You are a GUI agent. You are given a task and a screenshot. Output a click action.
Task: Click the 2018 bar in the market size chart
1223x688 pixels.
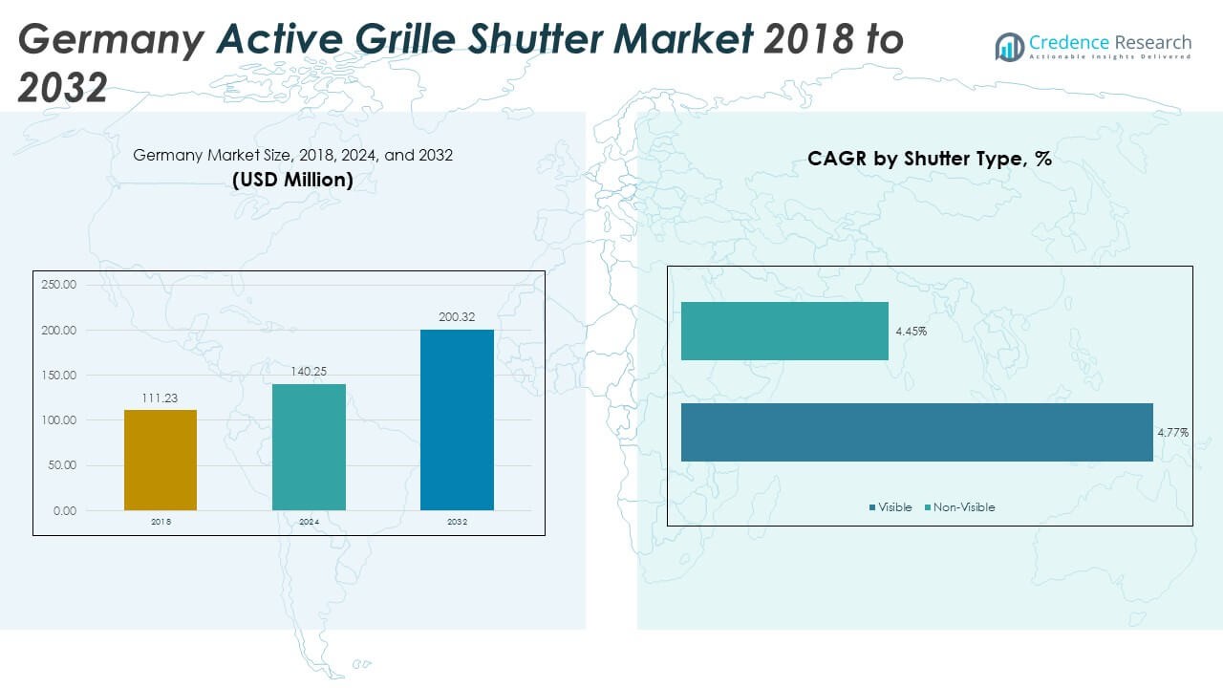(161, 460)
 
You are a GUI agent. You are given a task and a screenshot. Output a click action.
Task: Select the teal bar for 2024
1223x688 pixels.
(309, 447)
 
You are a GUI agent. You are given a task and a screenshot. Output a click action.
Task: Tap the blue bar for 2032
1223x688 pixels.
(457, 419)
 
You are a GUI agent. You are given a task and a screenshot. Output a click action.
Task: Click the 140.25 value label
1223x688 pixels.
(309, 372)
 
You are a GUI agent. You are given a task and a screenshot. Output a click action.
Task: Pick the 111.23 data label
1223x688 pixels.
(161, 398)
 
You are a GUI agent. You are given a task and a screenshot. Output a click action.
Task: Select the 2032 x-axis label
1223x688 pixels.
(457, 523)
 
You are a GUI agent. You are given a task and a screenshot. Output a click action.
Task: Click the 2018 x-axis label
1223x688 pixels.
(161, 523)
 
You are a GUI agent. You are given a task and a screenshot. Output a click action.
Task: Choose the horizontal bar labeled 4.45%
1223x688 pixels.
(784, 332)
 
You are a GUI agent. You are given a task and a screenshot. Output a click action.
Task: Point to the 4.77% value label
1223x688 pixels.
(1172, 433)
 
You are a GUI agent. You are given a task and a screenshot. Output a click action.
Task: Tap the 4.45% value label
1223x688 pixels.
(911, 332)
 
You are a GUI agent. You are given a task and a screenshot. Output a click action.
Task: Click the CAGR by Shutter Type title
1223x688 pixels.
(929, 159)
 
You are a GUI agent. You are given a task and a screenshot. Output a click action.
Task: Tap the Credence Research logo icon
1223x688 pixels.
(1010, 46)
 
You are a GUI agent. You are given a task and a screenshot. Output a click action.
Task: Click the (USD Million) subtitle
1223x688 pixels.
(292, 179)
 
